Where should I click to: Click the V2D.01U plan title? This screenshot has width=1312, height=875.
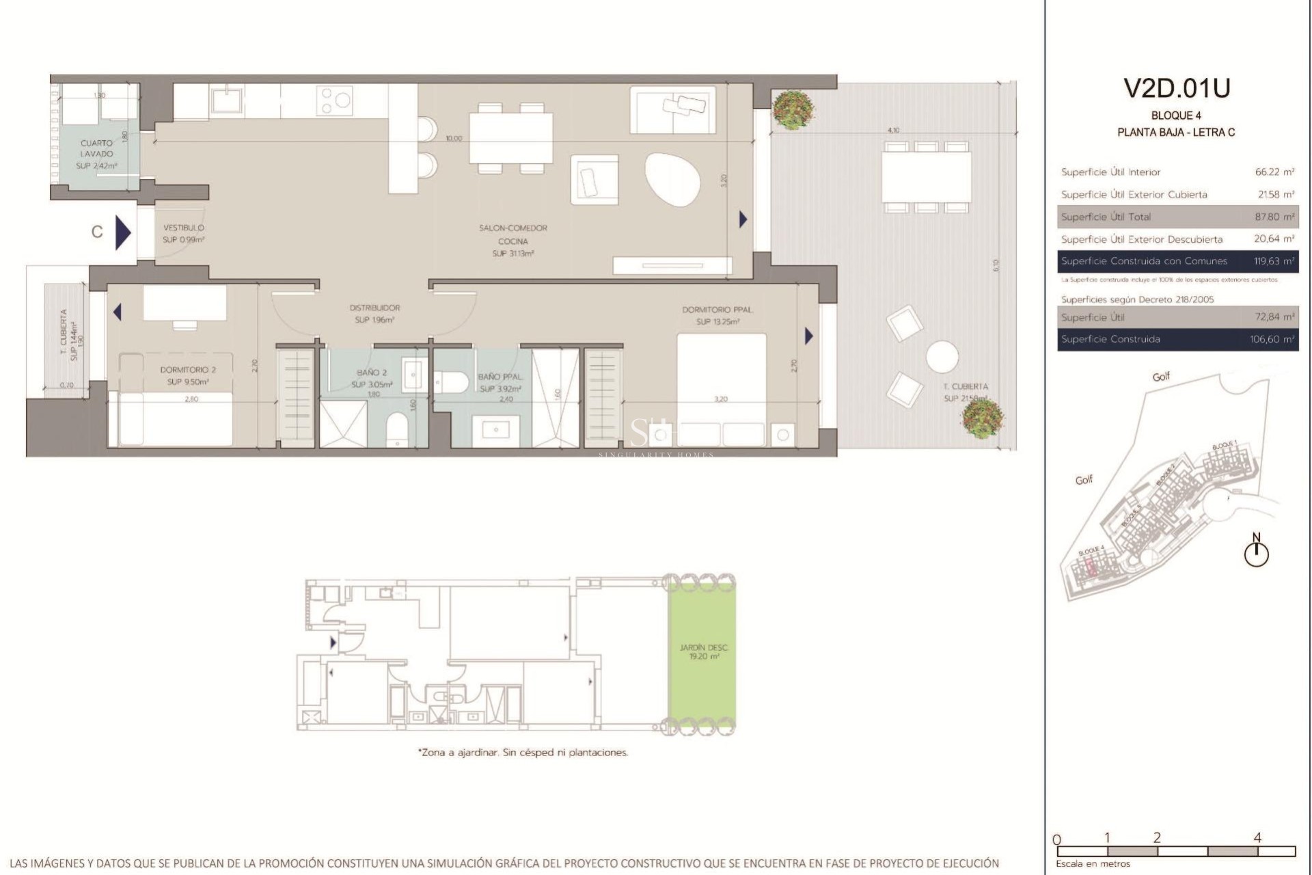click(1177, 88)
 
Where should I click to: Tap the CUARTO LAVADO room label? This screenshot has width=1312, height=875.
click(96, 149)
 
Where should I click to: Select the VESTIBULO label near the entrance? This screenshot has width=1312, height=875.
click(183, 228)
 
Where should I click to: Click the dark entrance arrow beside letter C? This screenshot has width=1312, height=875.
click(122, 232)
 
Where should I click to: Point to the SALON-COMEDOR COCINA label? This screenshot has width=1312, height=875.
click(512, 234)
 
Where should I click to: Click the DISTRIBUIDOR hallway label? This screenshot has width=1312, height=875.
click(374, 308)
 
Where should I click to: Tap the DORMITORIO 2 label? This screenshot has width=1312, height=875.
click(188, 370)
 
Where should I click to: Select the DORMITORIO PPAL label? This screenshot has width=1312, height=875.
click(717, 310)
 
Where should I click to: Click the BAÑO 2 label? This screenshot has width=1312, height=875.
click(372, 373)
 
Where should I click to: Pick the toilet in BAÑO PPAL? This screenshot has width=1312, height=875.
click(450, 382)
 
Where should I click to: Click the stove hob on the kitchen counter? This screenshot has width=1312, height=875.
click(335, 100)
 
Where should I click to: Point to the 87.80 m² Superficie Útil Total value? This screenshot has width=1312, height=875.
click(1274, 217)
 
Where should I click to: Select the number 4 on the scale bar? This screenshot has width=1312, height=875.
click(1257, 837)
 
